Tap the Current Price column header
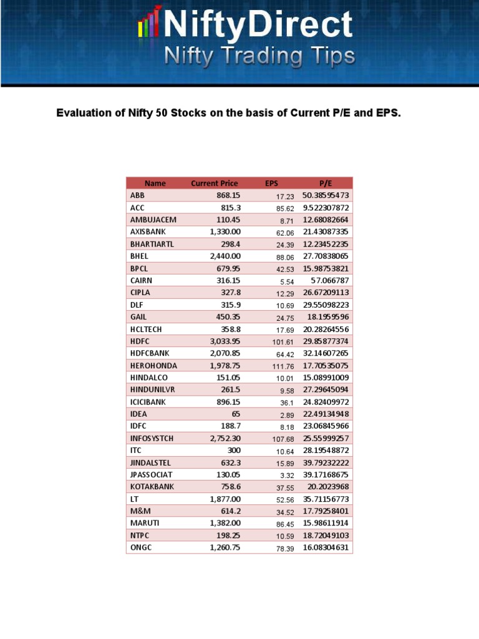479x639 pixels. (214, 183)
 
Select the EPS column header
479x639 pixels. (271, 183)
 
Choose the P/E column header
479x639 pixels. (326, 183)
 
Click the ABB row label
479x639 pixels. (137, 195)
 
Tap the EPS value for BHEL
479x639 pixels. (285, 256)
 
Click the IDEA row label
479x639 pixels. (139, 414)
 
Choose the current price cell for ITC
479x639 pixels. (231, 450)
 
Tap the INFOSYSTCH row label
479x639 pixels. (152, 438)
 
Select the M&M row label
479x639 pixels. (140, 510)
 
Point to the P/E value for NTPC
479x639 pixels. (326, 535)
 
